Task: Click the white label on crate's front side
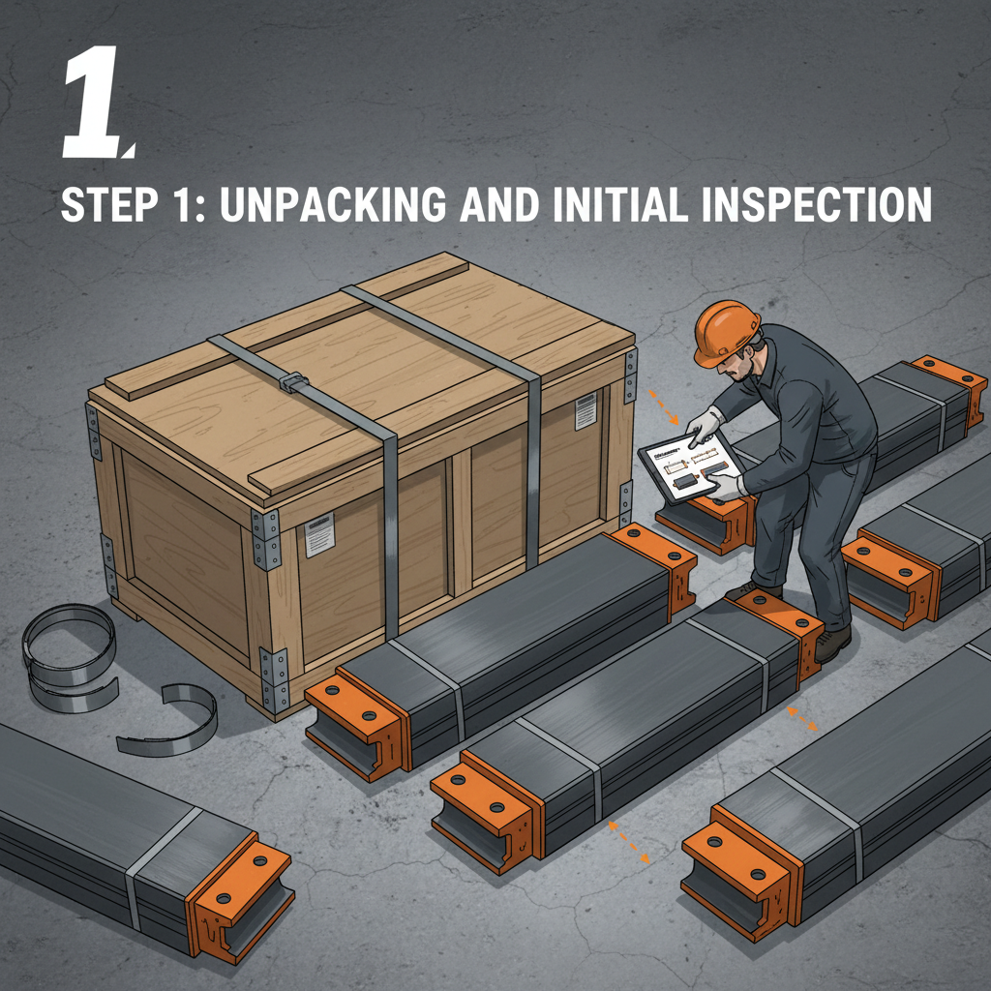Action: tap(319, 535)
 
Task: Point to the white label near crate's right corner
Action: tap(586, 410)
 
